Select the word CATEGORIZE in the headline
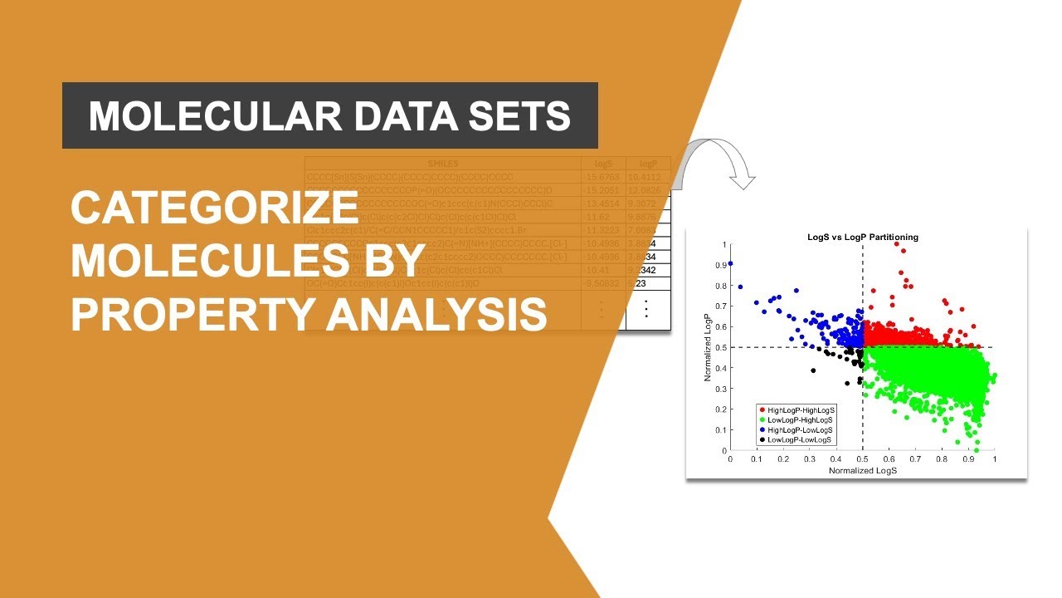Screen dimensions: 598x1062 213,208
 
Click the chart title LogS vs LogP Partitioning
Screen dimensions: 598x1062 862,237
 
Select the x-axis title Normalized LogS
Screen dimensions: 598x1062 863,470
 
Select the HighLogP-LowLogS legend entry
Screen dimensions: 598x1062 799,430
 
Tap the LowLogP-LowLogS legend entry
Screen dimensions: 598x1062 798,440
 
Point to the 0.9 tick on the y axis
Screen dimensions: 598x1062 719,265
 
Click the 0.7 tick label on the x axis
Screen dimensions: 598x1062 915,459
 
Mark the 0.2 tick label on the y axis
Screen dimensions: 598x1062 719,409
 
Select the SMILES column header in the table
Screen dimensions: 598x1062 443,164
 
